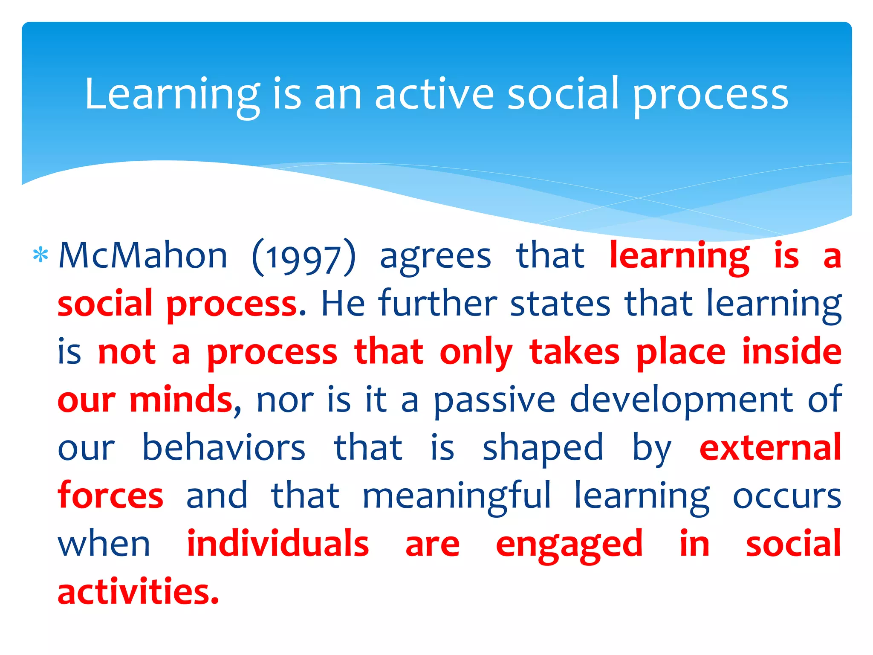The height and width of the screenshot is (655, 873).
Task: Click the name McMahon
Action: [143, 256]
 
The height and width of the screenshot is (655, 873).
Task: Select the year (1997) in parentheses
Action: [304, 258]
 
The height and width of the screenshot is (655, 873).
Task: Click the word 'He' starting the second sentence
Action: [343, 304]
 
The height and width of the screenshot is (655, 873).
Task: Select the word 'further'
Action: [438, 304]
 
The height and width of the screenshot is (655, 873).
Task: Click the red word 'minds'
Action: [181, 400]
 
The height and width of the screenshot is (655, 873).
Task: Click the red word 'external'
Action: [770, 448]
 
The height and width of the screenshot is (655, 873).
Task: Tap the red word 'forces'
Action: [110, 496]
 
